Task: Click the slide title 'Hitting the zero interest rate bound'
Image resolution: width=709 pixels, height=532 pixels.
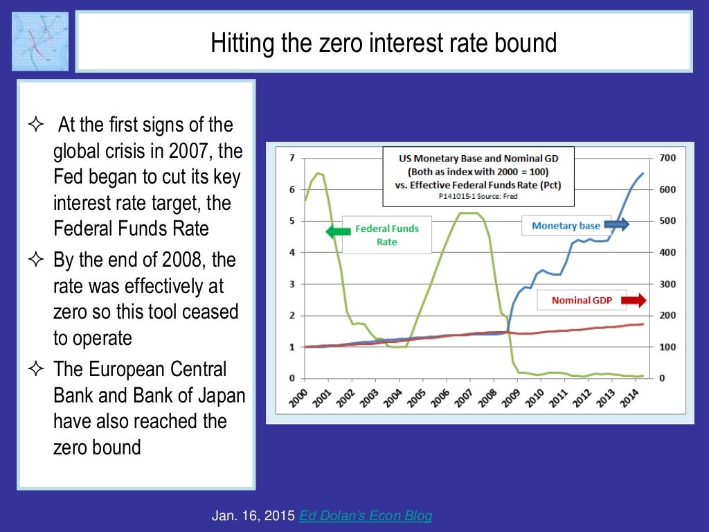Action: coord(383,43)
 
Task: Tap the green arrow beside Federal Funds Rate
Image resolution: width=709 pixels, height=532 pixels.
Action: coord(338,232)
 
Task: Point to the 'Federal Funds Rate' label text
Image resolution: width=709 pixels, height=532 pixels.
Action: coord(386,235)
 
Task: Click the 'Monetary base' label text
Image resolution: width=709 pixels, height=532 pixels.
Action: coord(566,225)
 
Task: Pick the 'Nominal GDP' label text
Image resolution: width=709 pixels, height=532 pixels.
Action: coord(581,301)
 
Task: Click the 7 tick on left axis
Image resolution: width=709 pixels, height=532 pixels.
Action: coord(291,158)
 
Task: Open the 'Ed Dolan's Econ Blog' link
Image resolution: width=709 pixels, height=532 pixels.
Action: coord(366,515)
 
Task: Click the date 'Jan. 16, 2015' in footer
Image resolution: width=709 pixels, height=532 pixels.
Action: coord(253,515)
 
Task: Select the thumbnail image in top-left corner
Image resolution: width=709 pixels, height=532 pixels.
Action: coord(40,41)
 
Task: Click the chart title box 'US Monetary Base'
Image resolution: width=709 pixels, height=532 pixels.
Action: coord(478,176)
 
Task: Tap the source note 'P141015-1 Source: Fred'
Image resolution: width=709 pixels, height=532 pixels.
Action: coord(478,196)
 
